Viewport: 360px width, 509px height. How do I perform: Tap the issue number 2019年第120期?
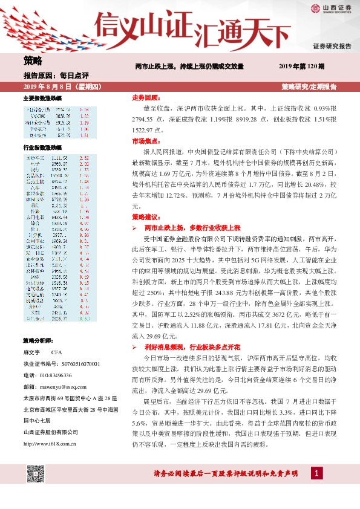point(302,65)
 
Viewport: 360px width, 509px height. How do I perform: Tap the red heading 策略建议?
point(146,216)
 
